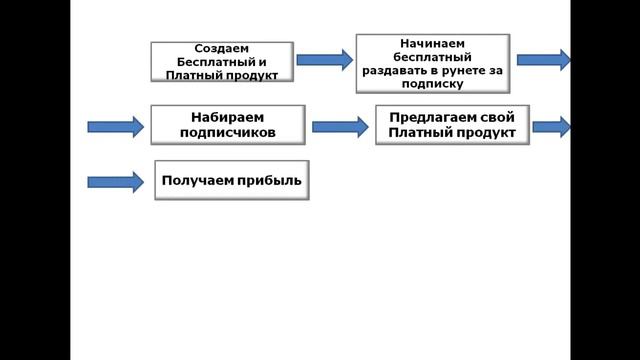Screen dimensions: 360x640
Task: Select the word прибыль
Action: click(x=270, y=181)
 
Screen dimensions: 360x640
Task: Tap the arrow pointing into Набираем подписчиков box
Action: click(x=116, y=126)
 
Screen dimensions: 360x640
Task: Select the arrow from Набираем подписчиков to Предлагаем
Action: click(x=341, y=126)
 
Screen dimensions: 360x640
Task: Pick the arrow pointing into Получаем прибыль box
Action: click(x=116, y=182)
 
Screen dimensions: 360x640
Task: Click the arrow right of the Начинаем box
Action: click(x=557, y=60)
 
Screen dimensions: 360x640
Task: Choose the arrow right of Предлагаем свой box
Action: click(x=551, y=126)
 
